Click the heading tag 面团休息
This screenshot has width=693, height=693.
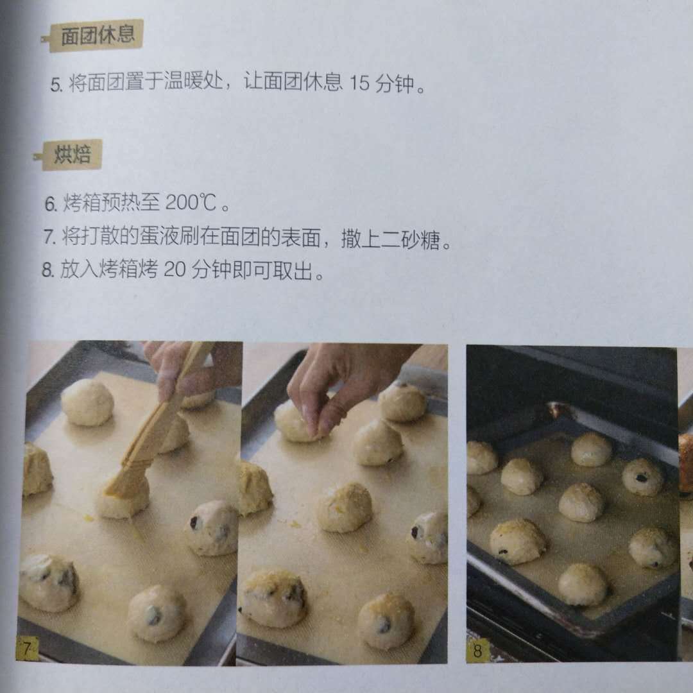[x=94, y=35]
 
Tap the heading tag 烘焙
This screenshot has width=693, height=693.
[x=71, y=155]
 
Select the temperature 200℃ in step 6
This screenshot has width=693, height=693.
[x=191, y=203]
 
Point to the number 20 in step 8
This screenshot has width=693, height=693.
[x=175, y=269]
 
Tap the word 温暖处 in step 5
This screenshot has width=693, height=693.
[x=193, y=81]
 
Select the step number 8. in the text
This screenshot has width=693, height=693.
[x=47, y=269]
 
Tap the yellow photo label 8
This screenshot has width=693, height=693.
[x=477, y=650]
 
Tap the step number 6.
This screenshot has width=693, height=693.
[x=51, y=204]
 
